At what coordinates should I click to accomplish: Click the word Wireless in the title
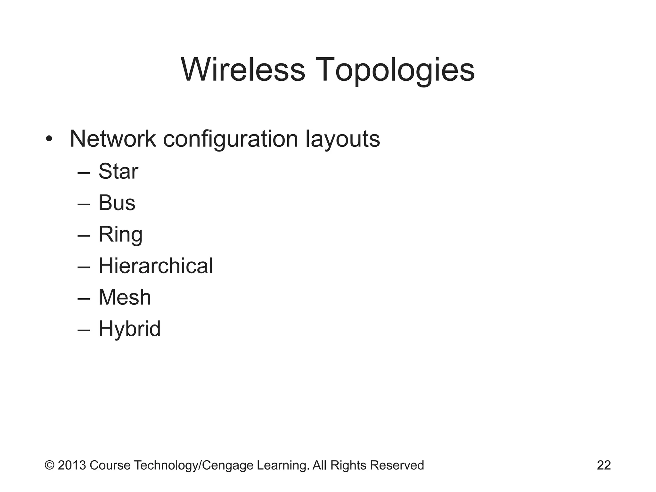coord(243,70)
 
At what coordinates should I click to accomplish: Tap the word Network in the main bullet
coord(112,139)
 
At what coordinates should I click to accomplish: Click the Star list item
coord(118,171)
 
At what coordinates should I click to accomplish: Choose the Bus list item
coord(117,203)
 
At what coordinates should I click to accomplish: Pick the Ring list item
coord(120,235)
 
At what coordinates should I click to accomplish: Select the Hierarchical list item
coord(155,266)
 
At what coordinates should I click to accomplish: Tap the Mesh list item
coord(125,297)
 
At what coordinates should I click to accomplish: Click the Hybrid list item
coord(129,329)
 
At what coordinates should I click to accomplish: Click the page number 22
coord(604,465)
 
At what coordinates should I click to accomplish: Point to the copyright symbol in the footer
coord(49,465)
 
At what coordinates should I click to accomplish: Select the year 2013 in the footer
coord(72,465)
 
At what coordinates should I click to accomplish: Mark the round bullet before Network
coord(49,139)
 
